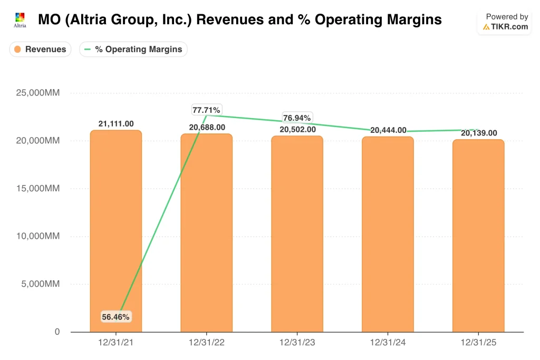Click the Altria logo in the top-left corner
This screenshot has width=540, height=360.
click(20, 20)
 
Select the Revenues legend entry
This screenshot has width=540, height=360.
click(40, 49)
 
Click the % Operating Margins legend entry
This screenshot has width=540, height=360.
click(133, 49)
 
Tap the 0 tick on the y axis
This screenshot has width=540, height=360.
click(57, 332)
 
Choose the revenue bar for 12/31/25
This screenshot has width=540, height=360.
click(478, 236)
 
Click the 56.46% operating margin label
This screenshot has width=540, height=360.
click(115, 317)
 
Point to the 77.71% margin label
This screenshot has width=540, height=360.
click(207, 110)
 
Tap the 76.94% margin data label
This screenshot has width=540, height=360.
click(297, 117)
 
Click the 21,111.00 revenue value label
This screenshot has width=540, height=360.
click(116, 124)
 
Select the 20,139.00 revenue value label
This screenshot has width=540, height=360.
click(479, 133)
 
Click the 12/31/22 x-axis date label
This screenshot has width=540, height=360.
click(207, 342)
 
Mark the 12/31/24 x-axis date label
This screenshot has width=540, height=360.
click(388, 342)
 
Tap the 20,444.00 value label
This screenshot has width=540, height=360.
click(388, 130)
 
